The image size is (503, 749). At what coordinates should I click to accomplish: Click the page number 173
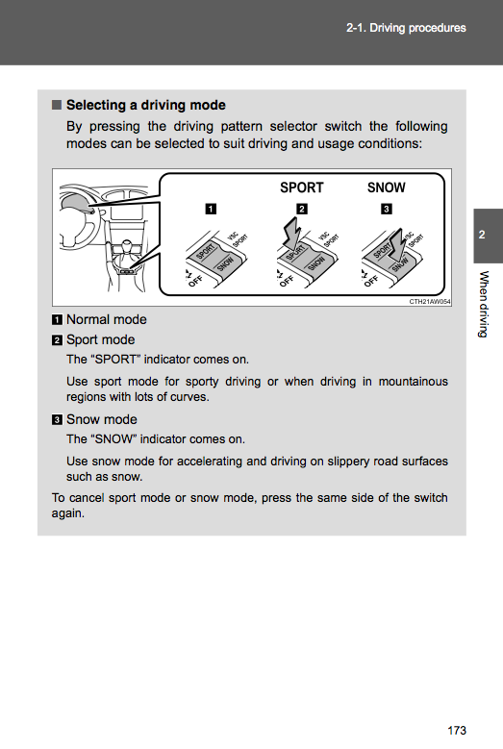457,731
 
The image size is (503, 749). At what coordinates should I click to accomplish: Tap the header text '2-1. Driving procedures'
406,28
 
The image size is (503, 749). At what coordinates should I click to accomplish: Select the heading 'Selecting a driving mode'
145,105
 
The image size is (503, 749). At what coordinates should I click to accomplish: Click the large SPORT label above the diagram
301,187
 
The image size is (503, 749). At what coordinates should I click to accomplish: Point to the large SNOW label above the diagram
386,187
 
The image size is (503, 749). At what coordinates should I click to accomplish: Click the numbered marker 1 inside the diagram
211,209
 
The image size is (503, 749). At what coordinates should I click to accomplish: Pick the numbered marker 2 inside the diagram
302,209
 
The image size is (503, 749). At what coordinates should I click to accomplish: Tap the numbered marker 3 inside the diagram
387,209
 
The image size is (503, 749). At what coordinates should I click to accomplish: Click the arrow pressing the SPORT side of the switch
291,233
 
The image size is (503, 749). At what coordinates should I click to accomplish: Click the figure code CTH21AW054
430,301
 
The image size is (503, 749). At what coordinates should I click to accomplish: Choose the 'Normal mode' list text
107,319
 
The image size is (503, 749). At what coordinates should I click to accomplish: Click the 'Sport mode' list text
100,339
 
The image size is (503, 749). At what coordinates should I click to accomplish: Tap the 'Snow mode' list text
102,419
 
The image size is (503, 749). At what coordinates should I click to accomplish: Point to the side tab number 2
482,235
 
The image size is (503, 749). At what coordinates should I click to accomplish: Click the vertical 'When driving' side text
484,304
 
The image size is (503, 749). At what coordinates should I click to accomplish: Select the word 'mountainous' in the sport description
414,382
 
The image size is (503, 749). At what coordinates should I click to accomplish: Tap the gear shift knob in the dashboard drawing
127,246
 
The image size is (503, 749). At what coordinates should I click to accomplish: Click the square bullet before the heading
57,105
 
